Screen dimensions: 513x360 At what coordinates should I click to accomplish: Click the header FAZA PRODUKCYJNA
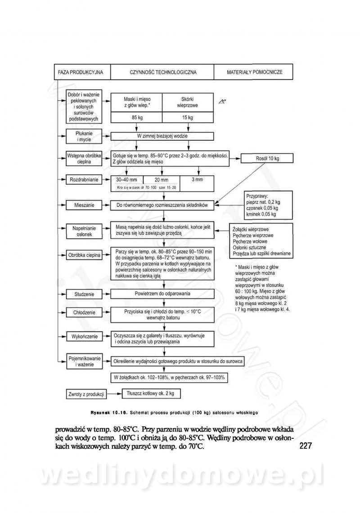(81, 72)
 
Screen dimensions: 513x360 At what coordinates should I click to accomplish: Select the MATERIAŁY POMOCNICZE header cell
(254, 72)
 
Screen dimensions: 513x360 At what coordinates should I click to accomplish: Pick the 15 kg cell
(188, 118)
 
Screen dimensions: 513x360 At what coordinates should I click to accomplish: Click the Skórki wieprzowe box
(188, 102)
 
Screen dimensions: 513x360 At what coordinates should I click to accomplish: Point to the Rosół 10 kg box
(267, 159)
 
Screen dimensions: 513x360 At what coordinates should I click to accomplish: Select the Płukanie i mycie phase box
(84, 136)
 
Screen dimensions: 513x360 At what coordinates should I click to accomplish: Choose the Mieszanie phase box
(84, 205)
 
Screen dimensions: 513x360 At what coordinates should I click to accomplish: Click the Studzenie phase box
(84, 294)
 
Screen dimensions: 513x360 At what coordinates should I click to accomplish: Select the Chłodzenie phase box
(84, 312)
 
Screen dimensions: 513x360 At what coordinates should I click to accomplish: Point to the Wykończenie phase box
(84, 336)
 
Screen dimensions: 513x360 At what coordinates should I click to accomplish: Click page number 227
(306, 446)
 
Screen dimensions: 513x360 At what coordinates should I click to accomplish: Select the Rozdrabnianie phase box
(84, 179)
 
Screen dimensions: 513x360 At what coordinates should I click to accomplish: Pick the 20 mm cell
(160, 179)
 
